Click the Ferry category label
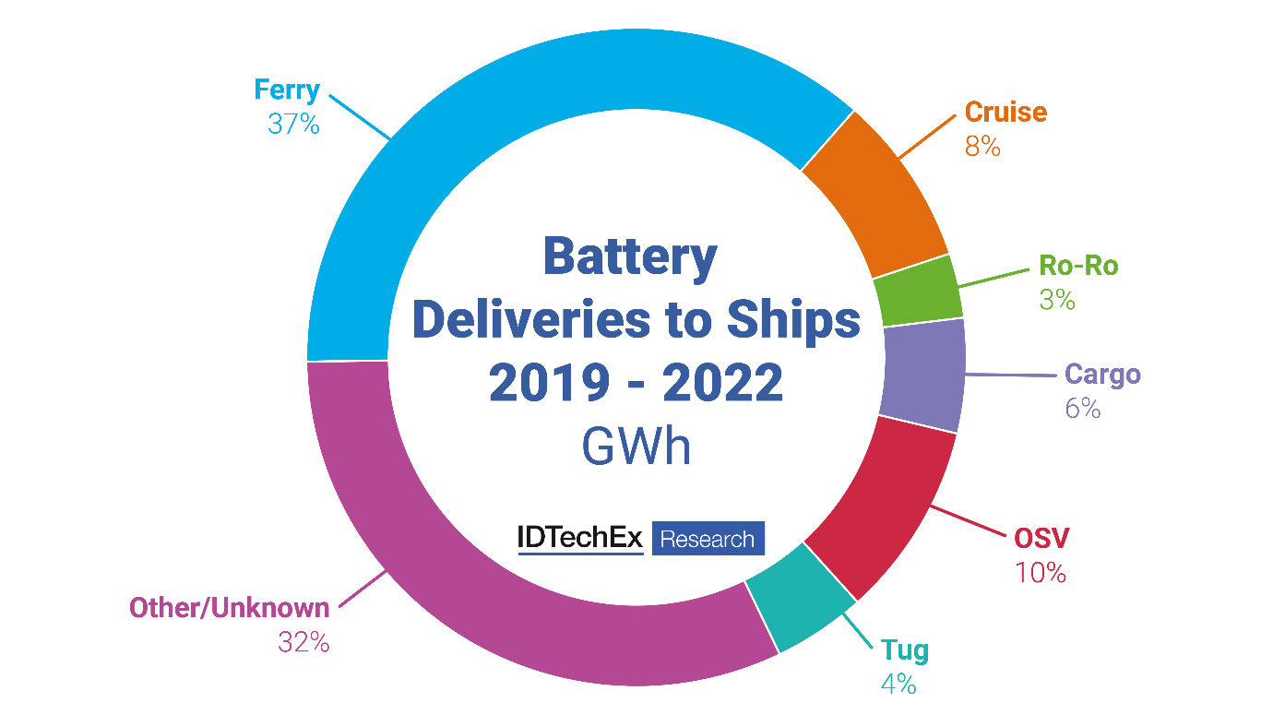point(287,90)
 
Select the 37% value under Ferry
point(293,124)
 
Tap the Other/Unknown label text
point(229,608)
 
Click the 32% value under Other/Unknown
point(303,642)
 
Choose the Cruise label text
point(1005,113)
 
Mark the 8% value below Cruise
point(982,146)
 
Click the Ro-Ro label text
point(1078,266)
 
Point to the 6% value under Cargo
point(1083,409)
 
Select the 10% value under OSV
point(1041,572)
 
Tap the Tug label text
point(904,650)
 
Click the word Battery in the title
point(629,256)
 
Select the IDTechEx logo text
point(580,539)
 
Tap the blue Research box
point(708,539)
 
